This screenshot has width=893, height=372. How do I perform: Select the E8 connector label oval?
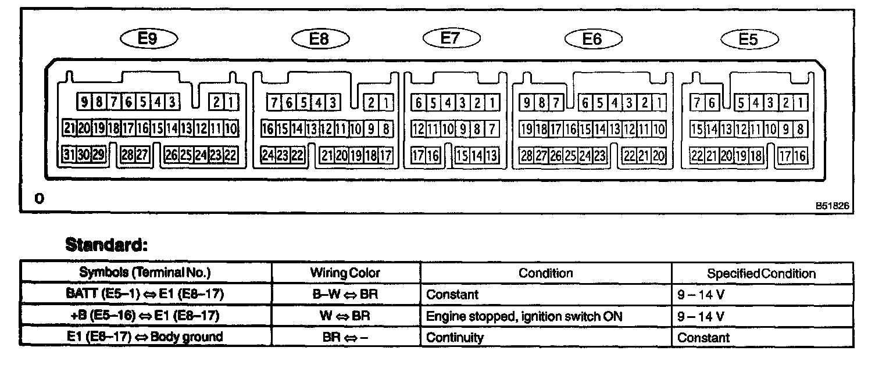pyautogui.click(x=319, y=39)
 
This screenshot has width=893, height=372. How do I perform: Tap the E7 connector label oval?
pyautogui.click(x=451, y=38)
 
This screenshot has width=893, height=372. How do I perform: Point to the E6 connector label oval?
pyautogui.click(x=592, y=39)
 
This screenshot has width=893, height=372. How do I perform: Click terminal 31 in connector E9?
pyautogui.click(x=69, y=155)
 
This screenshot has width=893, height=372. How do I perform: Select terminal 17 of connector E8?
pyautogui.click(x=386, y=155)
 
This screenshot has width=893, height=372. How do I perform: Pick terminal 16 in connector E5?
pyautogui.click(x=801, y=155)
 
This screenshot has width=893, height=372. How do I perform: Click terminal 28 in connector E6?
pyautogui.click(x=527, y=155)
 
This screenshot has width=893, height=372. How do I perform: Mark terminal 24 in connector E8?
pyautogui.click(x=268, y=155)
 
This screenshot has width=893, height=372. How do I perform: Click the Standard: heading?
pyautogui.click(x=106, y=244)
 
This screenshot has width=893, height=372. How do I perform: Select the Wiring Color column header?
pyautogui.click(x=345, y=273)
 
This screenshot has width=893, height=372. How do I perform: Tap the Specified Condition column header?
pyautogui.click(x=761, y=273)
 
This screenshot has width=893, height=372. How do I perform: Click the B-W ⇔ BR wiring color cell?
pyautogui.click(x=345, y=295)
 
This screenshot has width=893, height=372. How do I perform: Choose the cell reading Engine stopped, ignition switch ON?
pyautogui.click(x=524, y=316)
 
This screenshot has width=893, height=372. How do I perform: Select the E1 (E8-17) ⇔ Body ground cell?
pyautogui.click(x=145, y=337)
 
